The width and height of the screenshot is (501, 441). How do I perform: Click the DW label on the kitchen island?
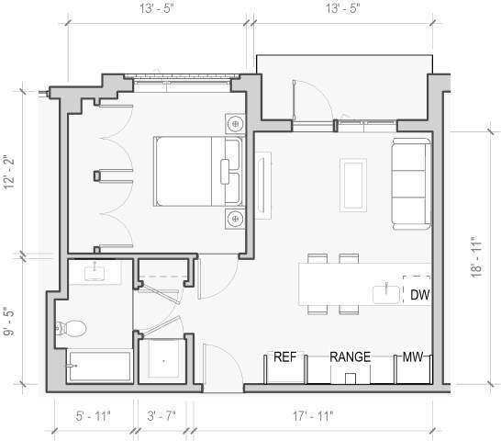[419, 295]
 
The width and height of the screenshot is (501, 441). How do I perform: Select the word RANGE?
[350, 357]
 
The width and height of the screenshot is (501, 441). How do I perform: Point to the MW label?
[412, 357]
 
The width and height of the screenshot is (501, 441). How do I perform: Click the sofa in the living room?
[410, 184]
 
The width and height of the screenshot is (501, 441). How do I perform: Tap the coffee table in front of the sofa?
[352, 183]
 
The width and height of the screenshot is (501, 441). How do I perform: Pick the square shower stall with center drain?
[163, 360]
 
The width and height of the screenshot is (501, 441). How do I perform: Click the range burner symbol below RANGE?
[350, 378]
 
